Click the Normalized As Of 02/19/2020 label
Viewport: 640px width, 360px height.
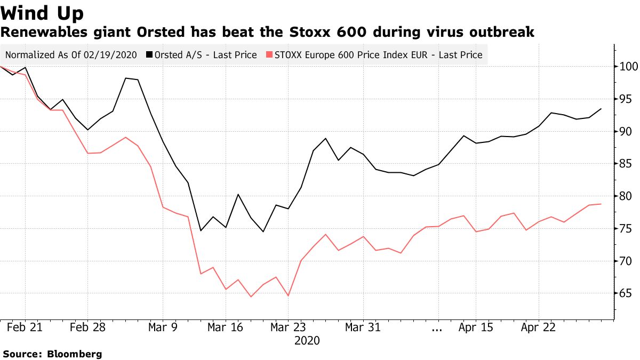[71, 55]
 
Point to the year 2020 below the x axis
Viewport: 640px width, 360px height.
[307, 340]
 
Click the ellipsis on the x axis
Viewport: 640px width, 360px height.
[437, 329]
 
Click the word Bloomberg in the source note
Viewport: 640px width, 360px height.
[75, 354]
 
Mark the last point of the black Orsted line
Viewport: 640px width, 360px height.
[602, 109]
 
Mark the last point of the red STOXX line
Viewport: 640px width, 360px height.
[602, 204]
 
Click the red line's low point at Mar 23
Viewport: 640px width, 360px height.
[288, 295]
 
